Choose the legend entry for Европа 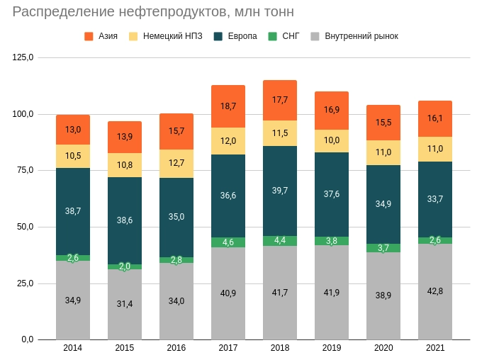(x=235, y=36)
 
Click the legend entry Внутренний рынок (x=354, y=36)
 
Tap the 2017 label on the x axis (x=228, y=348)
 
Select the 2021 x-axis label (x=435, y=348)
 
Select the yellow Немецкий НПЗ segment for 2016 (x=176, y=164)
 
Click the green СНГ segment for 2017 (x=228, y=242)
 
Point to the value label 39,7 (x=280, y=191)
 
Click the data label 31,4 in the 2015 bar (x=125, y=304)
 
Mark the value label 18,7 (x=228, y=106)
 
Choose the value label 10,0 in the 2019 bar (x=332, y=140)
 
